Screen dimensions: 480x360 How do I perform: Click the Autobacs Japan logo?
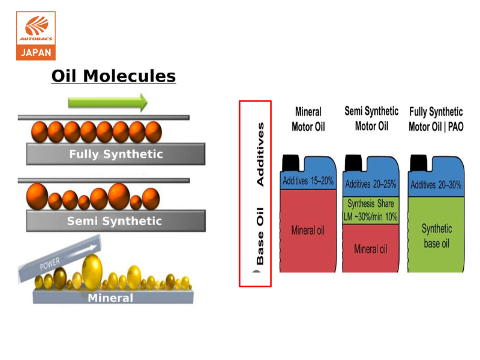[x=36, y=36]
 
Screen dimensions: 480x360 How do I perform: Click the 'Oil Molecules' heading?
[x=113, y=76]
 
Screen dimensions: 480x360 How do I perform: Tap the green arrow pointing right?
[x=108, y=102]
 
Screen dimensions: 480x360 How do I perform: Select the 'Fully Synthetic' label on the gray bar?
[x=116, y=154]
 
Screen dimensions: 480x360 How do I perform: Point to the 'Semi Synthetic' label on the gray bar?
[x=115, y=221]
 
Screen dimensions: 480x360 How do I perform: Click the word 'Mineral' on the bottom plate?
[x=110, y=298]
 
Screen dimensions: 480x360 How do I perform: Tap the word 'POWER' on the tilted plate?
[x=50, y=264]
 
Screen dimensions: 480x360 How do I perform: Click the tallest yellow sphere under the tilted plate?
[x=92, y=272]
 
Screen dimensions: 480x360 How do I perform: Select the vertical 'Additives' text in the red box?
[x=260, y=154]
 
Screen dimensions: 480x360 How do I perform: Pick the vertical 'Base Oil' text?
[x=260, y=236]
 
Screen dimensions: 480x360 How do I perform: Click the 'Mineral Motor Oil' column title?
[x=308, y=119]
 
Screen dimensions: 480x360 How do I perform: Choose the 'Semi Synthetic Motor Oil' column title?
[x=371, y=118]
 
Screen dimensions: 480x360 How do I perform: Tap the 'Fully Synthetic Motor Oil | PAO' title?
[x=436, y=119]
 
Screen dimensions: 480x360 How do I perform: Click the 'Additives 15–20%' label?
[x=308, y=181]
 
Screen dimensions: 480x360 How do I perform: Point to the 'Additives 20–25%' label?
[x=371, y=184]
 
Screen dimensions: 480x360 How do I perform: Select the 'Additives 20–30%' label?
[x=436, y=185]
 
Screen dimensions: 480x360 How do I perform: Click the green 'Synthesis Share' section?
[x=371, y=211]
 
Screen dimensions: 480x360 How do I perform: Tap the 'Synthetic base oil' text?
[x=437, y=236]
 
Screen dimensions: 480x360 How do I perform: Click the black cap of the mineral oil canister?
[x=290, y=163]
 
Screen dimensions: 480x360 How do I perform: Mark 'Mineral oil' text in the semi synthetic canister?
[x=370, y=249]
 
